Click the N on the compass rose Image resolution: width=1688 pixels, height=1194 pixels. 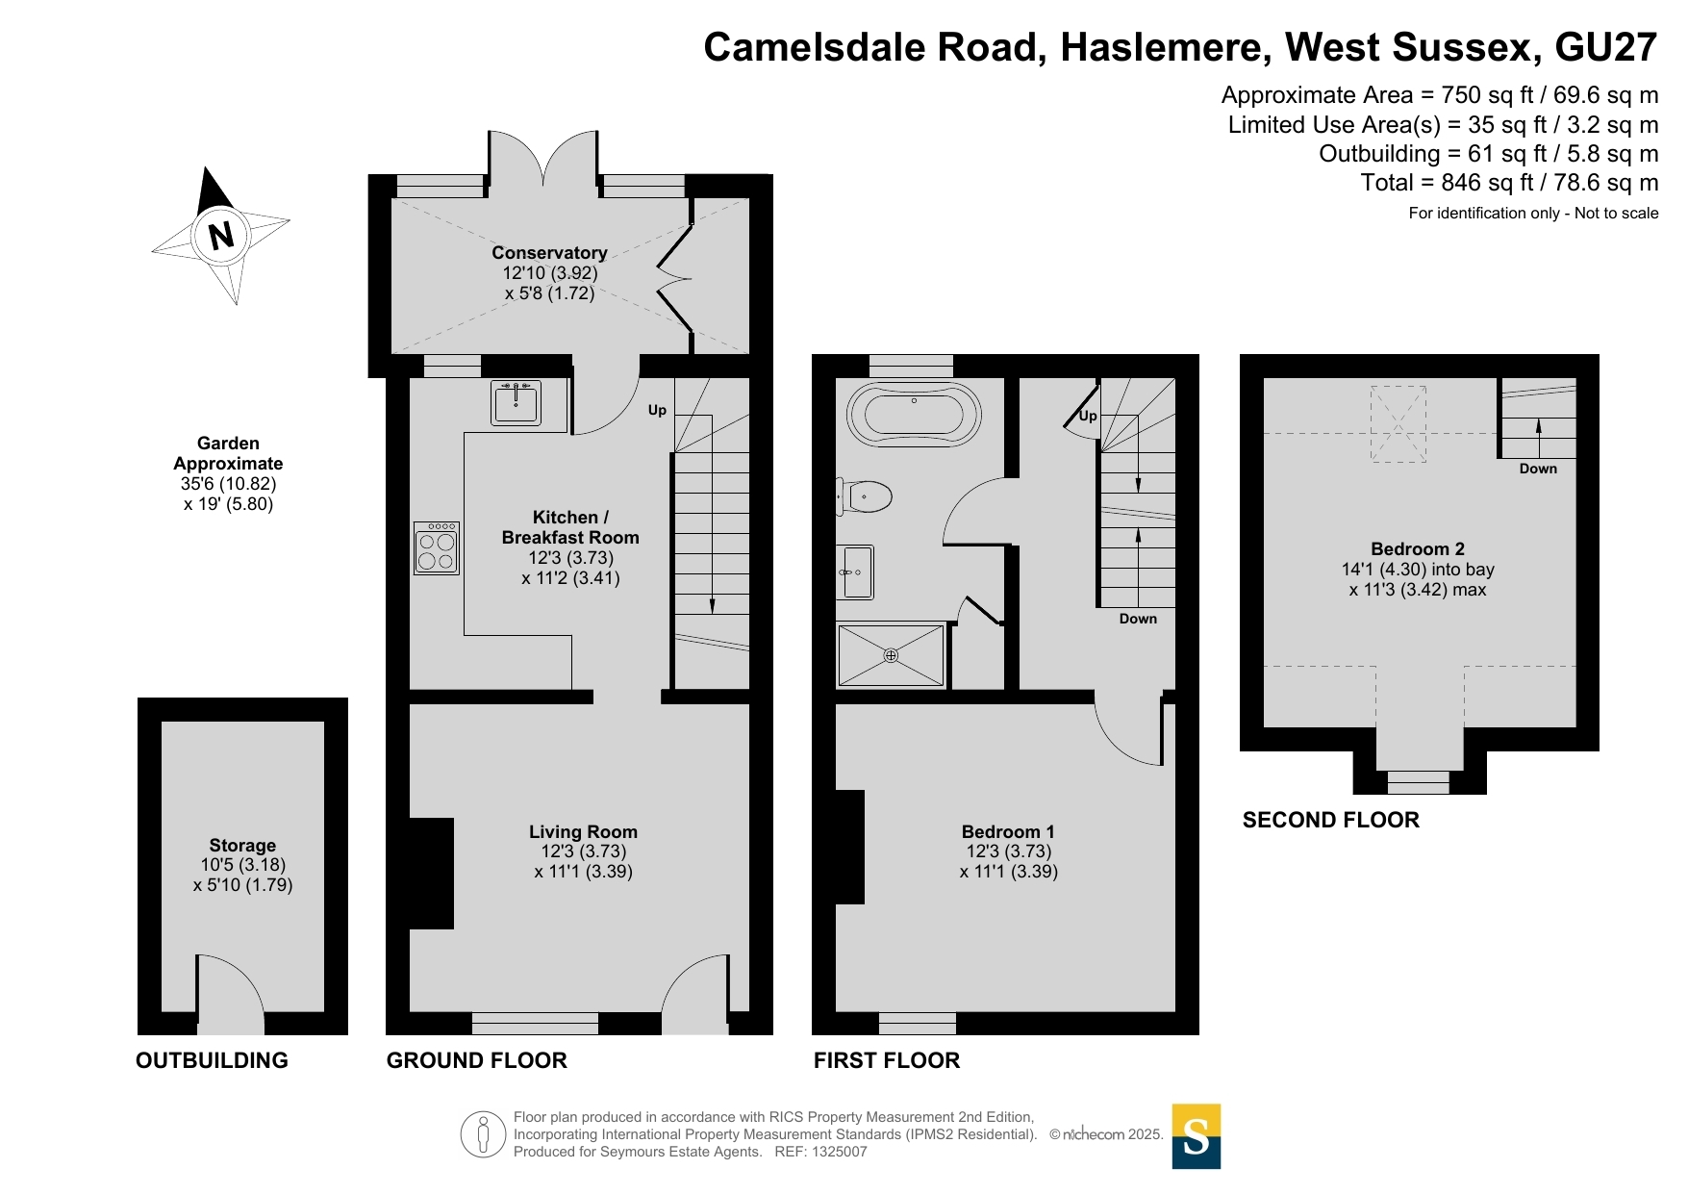click(221, 235)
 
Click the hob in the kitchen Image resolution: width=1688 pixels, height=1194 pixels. click(437, 547)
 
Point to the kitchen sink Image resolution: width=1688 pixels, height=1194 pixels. click(516, 403)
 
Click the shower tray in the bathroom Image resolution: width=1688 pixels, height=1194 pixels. click(892, 655)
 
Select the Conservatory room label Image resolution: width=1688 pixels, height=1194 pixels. click(549, 252)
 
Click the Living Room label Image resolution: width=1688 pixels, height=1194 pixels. click(583, 831)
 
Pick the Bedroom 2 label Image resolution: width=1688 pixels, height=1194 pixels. click(1418, 548)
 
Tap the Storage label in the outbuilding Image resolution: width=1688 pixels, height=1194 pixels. click(242, 845)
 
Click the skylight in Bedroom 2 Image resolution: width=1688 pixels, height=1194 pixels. click(1398, 424)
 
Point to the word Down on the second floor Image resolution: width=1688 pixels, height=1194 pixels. click(1538, 469)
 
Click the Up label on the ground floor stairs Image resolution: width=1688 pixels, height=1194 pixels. click(657, 410)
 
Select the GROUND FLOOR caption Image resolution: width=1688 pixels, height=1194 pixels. click(477, 1060)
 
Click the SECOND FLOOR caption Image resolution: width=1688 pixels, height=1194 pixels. click(1331, 820)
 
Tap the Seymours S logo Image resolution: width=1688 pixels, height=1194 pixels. click(1197, 1136)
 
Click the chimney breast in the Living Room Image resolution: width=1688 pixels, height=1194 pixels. click(432, 874)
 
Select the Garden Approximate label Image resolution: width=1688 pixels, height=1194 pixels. click(228, 453)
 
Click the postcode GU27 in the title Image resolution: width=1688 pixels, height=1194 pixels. click(1605, 47)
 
